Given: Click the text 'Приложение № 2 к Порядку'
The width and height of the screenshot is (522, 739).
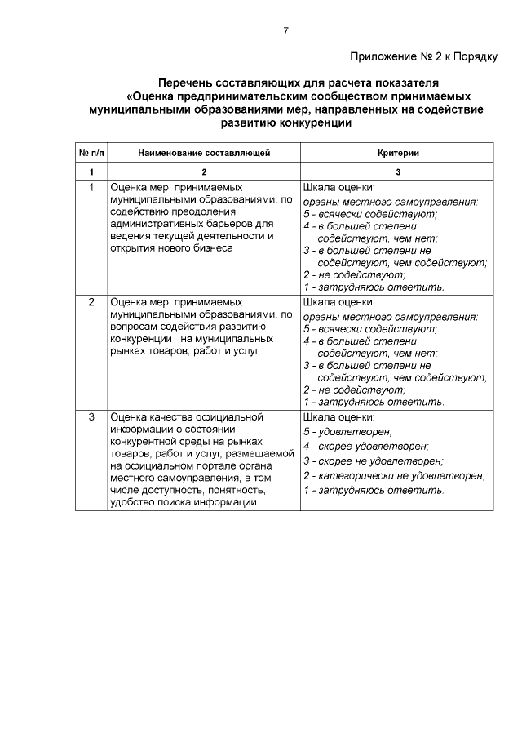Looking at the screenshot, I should (x=423, y=57).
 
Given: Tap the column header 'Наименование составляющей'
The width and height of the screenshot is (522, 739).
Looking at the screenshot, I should (x=204, y=153).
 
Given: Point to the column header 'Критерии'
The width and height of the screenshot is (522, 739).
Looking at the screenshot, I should (x=398, y=153).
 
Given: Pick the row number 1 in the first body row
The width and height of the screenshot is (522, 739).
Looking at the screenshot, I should (x=91, y=187).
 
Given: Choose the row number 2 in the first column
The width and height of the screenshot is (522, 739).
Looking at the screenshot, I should (x=91, y=302).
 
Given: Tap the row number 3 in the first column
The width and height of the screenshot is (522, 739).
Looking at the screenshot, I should (x=91, y=417).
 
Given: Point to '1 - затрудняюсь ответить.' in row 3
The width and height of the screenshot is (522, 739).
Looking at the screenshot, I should (x=373, y=490).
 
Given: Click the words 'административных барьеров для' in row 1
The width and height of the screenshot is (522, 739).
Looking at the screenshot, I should (x=191, y=223).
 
